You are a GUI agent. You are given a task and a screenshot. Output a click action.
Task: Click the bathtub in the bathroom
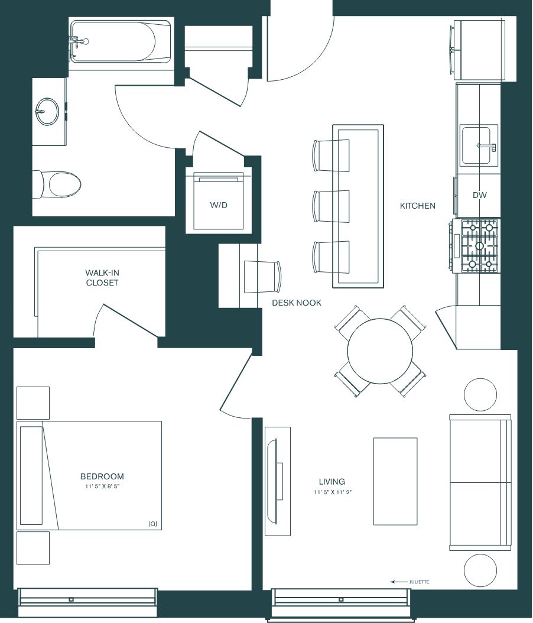coord(121,41)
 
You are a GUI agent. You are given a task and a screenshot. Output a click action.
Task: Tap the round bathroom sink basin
coord(47,112)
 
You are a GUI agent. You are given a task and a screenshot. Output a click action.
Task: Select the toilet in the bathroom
coord(57,184)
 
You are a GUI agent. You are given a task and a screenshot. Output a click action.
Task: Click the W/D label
coord(219,205)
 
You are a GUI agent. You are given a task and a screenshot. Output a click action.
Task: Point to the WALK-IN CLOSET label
coord(102,278)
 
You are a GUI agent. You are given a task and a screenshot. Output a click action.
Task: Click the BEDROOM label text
coord(102,476)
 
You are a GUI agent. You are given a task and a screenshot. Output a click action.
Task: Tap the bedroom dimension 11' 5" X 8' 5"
coord(102,486)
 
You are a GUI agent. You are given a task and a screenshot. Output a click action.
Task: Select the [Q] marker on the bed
coord(153,524)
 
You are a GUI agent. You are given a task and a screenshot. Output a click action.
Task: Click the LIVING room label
coord(332,482)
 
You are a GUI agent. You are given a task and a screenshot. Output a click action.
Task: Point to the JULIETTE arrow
coord(399,582)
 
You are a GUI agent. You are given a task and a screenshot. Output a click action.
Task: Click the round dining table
coord(380,351)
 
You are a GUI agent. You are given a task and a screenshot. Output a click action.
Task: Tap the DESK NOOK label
coord(297,303)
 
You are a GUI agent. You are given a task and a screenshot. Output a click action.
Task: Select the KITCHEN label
coord(417,206)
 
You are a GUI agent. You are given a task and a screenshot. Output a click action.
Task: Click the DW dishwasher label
coord(479,195)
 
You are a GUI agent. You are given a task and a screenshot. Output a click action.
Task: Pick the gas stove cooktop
coord(475,246)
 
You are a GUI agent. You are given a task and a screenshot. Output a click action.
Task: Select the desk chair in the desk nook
coord(263,277)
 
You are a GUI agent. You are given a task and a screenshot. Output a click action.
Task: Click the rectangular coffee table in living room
coord(395,481)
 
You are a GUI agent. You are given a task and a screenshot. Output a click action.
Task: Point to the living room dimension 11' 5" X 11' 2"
coord(333,492)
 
